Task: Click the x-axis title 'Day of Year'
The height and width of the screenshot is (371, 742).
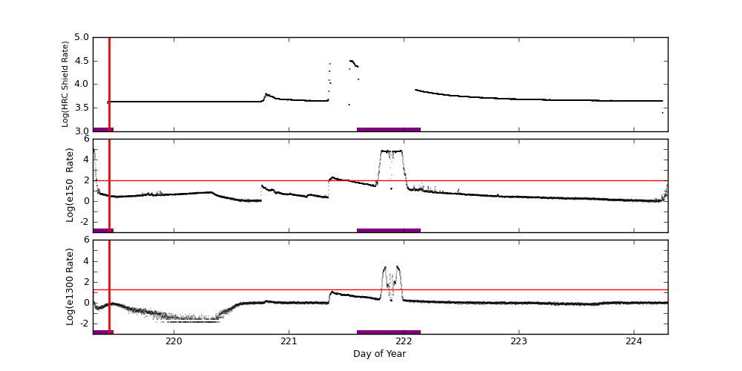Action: [379, 354]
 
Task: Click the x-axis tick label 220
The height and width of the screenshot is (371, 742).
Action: [174, 341]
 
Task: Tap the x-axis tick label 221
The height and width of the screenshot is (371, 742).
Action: [289, 341]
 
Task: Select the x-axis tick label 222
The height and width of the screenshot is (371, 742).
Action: [404, 341]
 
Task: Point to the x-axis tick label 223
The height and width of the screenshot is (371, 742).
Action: [519, 341]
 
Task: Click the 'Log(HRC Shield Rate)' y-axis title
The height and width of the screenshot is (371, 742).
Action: [65, 84]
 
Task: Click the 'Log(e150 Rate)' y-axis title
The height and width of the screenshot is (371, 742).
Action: [70, 185]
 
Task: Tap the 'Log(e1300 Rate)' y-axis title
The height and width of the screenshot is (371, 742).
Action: [70, 286]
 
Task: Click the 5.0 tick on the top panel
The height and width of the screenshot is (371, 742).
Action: [82, 37]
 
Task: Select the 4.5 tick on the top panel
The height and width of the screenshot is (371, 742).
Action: [82, 61]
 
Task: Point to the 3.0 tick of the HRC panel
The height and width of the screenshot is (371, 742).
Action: [82, 131]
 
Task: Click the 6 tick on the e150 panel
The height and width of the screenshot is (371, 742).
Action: [86, 139]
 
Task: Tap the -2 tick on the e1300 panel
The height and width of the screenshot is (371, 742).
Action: [83, 324]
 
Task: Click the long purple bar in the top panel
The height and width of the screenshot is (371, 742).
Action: [388, 129]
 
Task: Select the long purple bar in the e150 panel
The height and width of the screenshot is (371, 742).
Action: [388, 230]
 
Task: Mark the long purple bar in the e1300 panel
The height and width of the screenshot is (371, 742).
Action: [388, 332]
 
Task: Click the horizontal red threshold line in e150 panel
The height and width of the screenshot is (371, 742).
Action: [519, 180]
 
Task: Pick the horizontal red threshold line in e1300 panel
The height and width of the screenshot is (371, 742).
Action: [519, 289]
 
